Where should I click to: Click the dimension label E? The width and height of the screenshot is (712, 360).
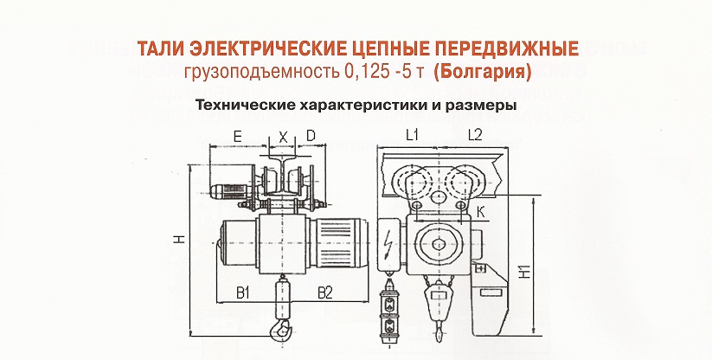238,136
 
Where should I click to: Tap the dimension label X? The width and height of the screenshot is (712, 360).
284,137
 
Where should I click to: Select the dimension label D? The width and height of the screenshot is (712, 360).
311,136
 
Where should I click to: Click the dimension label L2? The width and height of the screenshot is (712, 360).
474,136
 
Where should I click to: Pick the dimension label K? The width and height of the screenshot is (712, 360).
481,211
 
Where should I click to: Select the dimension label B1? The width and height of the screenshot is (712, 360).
243,293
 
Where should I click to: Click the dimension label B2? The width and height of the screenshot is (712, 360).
325,293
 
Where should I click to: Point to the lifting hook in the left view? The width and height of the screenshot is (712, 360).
279,329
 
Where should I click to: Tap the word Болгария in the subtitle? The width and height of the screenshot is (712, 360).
482,73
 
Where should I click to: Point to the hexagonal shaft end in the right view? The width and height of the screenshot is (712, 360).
439,244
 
